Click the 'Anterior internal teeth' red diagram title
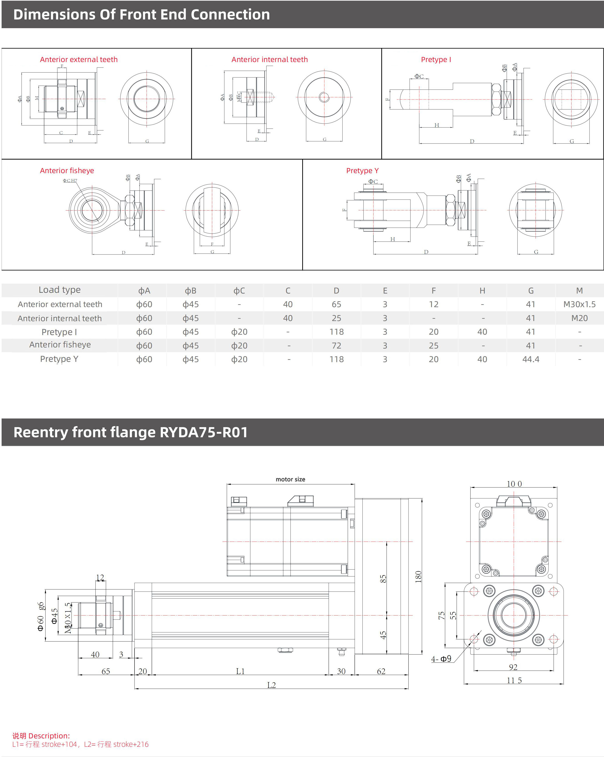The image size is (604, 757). coord(269,60)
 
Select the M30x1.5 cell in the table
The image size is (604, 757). coord(579,304)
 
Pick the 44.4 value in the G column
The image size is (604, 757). coord(531,359)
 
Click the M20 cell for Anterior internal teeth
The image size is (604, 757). coord(579,318)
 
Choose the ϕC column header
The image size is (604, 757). coord(239,291)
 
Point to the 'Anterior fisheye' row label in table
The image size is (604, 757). coord(60,345)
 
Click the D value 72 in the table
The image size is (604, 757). coord(336,346)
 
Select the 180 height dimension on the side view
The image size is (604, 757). coord(418,577)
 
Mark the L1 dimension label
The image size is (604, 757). coord(240,671)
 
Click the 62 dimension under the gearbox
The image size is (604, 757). coord(381,671)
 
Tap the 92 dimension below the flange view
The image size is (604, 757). coord(513,667)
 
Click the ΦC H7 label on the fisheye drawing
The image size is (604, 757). coord(70,181)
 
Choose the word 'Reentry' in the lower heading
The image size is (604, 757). coord(40,432)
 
